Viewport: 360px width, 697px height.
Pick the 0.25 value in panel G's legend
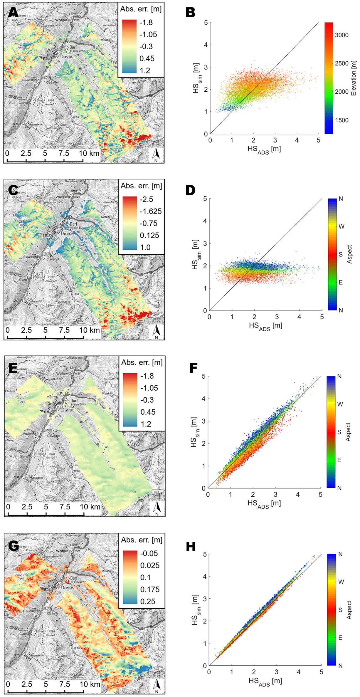[x=148, y=601]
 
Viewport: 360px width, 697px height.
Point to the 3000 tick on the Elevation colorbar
[x=342, y=35]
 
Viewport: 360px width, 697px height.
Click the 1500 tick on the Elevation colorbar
[x=342, y=120]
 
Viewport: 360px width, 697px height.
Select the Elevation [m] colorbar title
[x=354, y=78]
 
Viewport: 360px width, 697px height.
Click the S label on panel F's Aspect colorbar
[x=339, y=432]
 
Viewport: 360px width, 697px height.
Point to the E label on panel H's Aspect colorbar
[x=341, y=637]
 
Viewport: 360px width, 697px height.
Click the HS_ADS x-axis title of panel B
[x=264, y=150]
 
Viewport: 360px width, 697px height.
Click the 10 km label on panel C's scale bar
[x=90, y=330]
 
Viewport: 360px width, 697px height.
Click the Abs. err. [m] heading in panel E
[x=142, y=362]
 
